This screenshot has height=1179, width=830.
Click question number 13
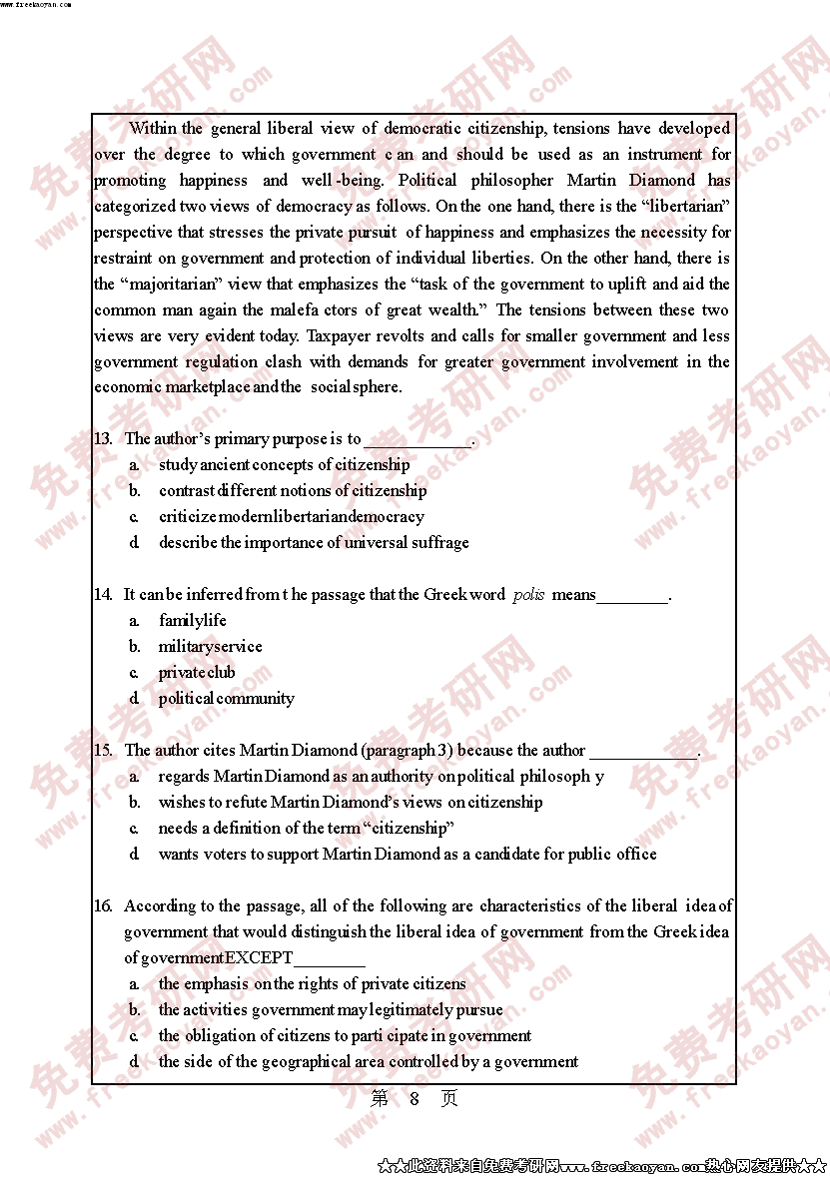103,439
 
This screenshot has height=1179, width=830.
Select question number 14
103,595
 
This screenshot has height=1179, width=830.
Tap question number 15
103,751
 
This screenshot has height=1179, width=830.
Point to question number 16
103,906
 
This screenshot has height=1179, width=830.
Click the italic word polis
528,595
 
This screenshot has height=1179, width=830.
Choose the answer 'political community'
226,699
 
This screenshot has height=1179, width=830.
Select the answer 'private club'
197,673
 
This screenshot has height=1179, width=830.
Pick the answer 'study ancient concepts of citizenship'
284,465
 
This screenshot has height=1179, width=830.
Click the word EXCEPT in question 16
259,958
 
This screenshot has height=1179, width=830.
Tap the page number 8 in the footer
415,1099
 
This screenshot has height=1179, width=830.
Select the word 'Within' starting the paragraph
152,129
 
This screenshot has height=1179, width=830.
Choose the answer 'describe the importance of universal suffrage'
314,543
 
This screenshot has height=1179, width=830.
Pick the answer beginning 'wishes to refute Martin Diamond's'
351,803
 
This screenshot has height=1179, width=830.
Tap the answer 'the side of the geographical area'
368,1062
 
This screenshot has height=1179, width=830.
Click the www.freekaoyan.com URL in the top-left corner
35,4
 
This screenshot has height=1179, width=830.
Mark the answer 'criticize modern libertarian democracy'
291,517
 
